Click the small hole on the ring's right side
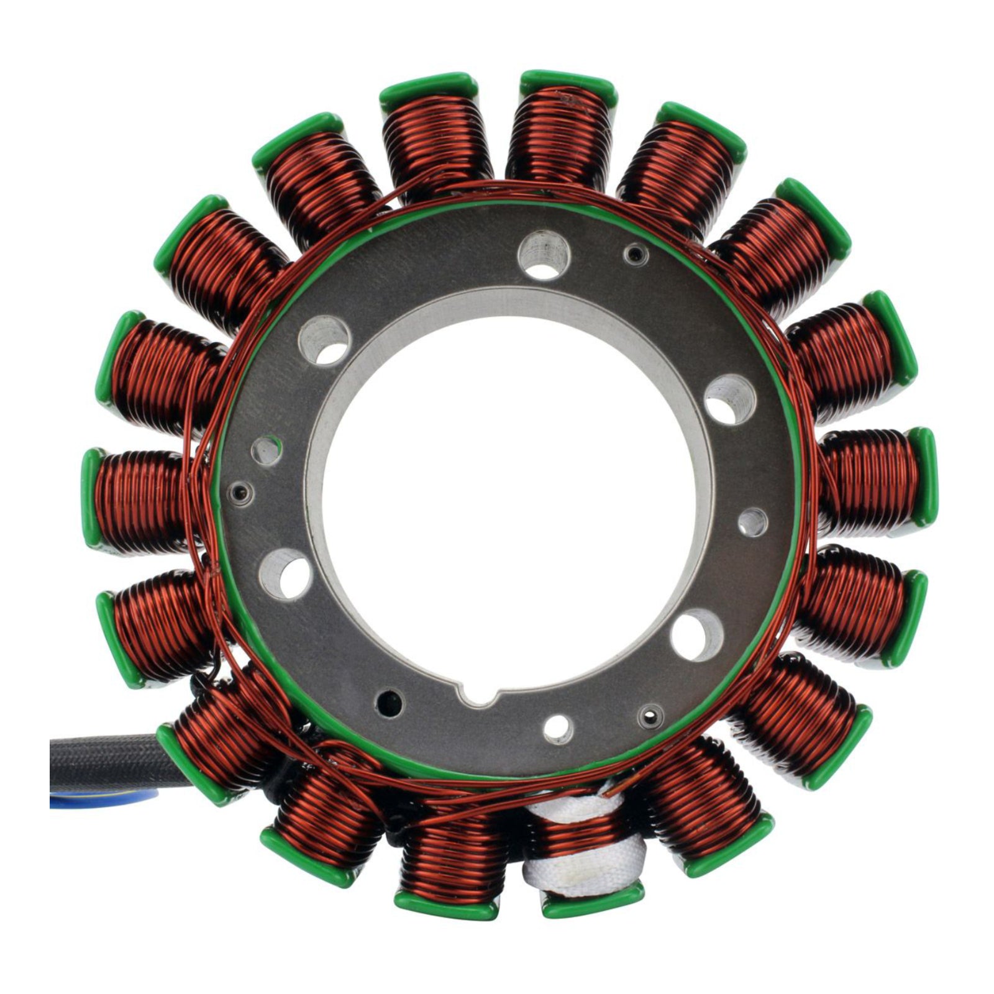click(x=753, y=521)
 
